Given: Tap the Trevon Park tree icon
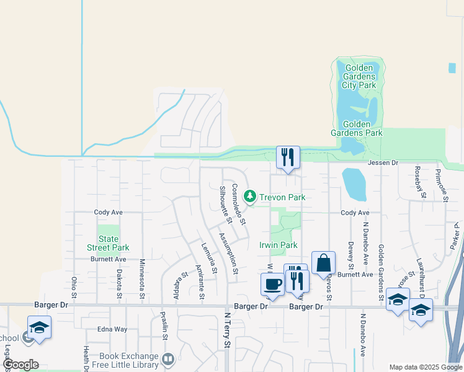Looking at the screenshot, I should (x=250, y=197).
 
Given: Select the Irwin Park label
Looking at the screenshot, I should (x=278, y=245).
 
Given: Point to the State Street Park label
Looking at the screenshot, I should (x=109, y=243).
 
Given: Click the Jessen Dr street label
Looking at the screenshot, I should (x=381, y=162).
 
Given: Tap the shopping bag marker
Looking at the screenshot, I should (x=324, y=263).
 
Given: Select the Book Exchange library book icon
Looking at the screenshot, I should (x=168, y=360).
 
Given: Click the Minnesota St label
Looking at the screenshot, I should (x=142, y=278).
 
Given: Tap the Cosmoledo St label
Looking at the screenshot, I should (x=239, y=203).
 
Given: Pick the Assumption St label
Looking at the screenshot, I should (x=228, y=253).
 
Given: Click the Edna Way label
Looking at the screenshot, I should (x=112, y=329).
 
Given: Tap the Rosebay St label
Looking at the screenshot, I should (x=420, y=182).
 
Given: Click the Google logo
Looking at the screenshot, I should (x=20, y=365).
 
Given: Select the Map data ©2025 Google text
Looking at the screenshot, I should (x=425, y=367).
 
